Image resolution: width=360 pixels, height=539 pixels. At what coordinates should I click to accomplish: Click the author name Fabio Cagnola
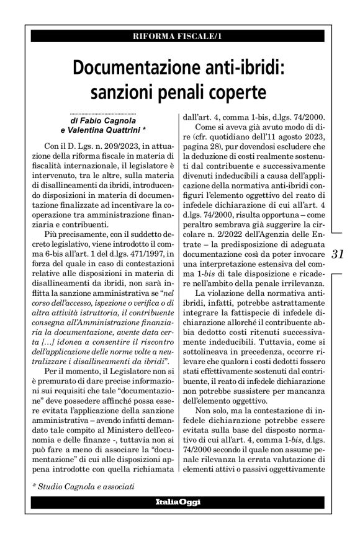coord(112,120)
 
